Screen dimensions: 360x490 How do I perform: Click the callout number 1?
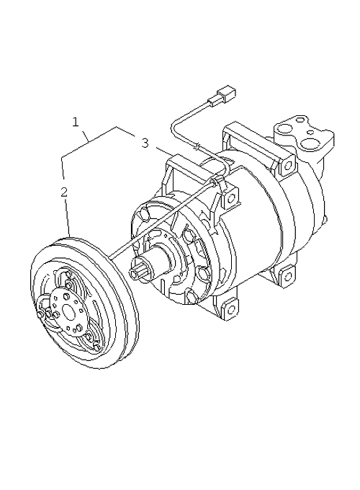click(76, 122)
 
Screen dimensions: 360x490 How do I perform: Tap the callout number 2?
click(63, 192)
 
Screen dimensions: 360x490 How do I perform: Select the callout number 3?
click(145, 143)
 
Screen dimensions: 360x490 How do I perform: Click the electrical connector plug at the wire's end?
click(222, 94)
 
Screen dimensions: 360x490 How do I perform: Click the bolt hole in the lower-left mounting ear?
click(230, 309)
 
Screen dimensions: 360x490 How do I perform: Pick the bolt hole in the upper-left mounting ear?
click(231, 198)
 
